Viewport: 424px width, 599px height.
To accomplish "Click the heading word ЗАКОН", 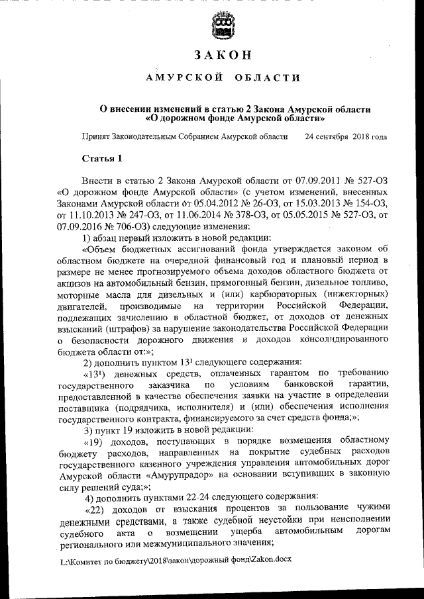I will coord(222,54).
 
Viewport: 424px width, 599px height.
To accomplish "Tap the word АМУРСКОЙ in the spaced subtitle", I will coord(184,78).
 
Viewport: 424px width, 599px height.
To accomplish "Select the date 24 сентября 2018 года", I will coord(345,137).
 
